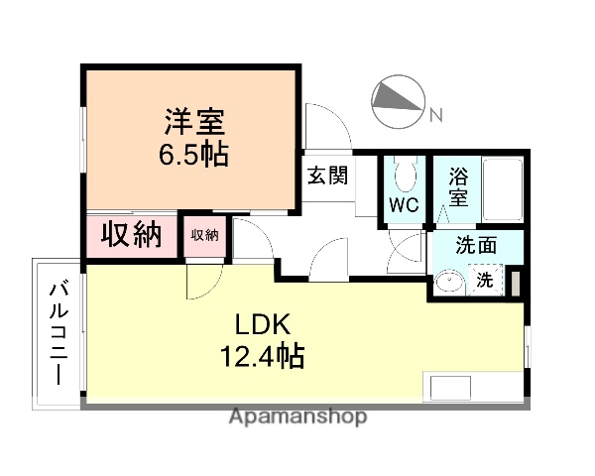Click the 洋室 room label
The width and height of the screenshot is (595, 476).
click(x=195, y=123)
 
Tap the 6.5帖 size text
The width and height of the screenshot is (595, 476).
click(x=195, y=154)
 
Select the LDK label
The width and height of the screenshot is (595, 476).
click(x=261, y=324)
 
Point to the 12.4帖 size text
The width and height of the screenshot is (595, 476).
click(x=261, y=354)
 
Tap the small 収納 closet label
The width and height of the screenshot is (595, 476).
click(x=204, y=235)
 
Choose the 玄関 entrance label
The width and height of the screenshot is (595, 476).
click(x=326, y=176)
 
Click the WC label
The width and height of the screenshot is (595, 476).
click(x=402, y=206)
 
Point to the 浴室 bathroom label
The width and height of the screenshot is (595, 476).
click(x=457, y=186)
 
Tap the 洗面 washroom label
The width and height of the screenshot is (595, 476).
click(x=476, y=247)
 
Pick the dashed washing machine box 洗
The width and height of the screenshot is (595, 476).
click(x=484, y=281)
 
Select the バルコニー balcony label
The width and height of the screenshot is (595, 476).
click(x=59, y=333)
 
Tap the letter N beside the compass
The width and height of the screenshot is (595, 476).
click(x=434, y=118)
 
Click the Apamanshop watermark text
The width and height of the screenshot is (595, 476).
click(x=298, y=416)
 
